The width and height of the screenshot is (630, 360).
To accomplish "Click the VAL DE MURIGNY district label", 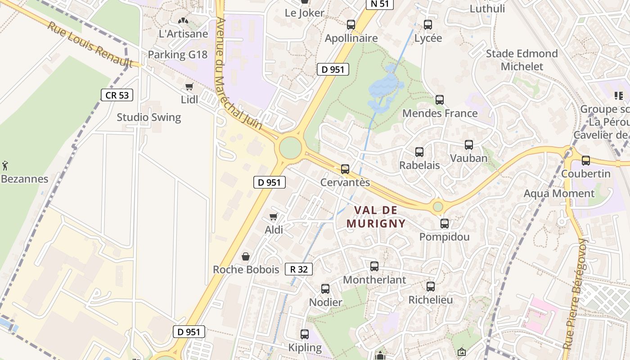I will [x=376, y=216].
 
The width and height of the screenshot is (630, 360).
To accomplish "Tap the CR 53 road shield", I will [x=117, y=95].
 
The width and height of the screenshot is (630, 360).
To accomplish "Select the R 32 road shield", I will [x=299, y=269].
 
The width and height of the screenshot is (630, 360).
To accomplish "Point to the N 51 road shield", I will [x=380, y=4].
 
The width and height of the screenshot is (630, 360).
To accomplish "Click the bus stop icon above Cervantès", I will [x=345, y=169].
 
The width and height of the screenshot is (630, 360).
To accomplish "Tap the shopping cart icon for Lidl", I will [x=189, y=86].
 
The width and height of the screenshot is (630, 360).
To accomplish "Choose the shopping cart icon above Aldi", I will [x=273, y=217].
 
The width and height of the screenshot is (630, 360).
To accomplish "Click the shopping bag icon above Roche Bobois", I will [x=246, y=256].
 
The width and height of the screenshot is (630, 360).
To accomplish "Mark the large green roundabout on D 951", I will [x=290, y=148].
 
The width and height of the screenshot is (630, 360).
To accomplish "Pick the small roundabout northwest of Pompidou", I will [x=437, y=207].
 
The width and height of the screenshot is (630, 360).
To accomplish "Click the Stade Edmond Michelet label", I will [x=522, y=60].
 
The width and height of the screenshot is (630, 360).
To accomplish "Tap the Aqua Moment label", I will [x=559, y=193].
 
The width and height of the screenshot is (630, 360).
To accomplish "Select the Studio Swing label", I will [x=149, y=117].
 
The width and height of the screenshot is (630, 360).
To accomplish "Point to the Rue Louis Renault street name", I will [x=90, y=44].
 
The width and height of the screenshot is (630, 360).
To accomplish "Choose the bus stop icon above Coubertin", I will [x=586, y=160].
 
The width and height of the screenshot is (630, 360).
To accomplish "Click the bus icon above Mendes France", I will [x=440, y=100].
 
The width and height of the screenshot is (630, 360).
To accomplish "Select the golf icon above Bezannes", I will [x=5, y=165].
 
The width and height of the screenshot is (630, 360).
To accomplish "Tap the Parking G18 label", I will [x=178, y=55].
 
